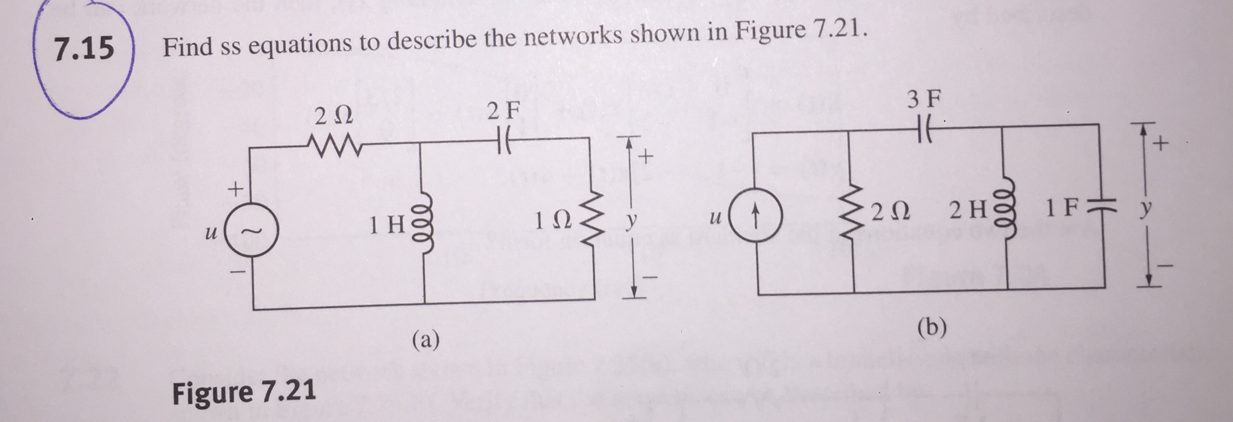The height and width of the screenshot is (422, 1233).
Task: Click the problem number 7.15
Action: [x=84, y=47]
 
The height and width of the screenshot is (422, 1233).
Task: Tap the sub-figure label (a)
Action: [x=425, y=340]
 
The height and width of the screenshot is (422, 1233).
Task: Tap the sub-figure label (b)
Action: [x=932, y=327]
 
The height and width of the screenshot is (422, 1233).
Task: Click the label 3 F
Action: [x=924, y=99]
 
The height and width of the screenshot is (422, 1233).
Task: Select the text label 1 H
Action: [x=387, y=224]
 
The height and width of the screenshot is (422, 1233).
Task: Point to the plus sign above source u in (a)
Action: [x=234, y=189]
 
